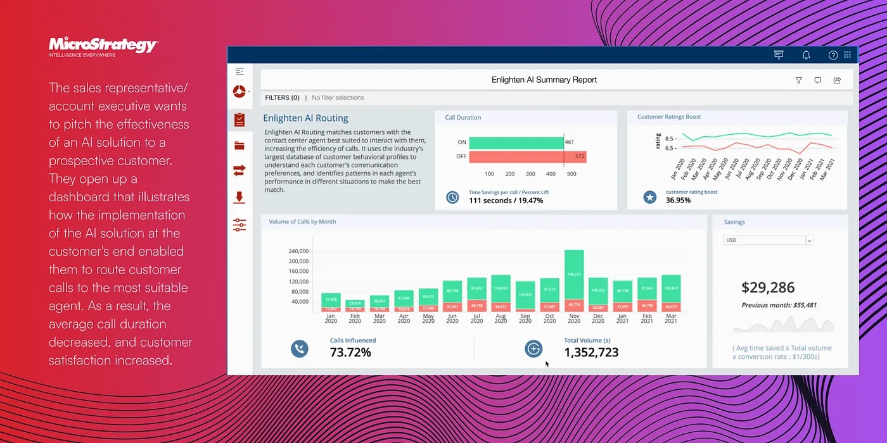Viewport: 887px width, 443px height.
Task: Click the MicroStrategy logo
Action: (x=103, y=45)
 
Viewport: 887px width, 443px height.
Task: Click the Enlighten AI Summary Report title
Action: (x=544, y=80)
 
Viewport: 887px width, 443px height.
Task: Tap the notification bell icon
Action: (x=806, y=55)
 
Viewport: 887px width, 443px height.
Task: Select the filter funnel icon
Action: (x=798, y=80)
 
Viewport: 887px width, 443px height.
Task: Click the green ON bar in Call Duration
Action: (x=516, y=142)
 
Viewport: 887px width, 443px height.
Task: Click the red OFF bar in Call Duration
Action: (x=527, y=156)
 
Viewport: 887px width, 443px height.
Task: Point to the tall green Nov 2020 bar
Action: (x=574, y=274)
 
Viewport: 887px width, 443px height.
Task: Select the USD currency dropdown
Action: (x=768, y=240)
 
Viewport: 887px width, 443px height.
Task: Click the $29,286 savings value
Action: (x=767, y=287)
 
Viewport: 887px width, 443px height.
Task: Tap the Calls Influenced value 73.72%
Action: (x=350, y=353)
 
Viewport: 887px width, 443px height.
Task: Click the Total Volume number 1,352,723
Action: (x=590, y=353)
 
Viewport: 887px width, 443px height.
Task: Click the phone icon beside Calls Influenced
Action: (x=299, y=349)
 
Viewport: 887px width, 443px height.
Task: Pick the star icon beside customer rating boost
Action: (x=649, y=197)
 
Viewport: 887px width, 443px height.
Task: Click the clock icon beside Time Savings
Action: (x=452, y=197)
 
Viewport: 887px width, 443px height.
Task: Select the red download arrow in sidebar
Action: (x=239, y=197)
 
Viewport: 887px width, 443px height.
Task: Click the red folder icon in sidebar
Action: (x=239, y=146)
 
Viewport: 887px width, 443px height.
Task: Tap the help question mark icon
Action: (x=833, y=55)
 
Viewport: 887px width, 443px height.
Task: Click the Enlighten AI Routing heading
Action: (x=305, y=118)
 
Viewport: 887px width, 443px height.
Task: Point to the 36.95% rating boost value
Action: (x=678, y=201)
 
